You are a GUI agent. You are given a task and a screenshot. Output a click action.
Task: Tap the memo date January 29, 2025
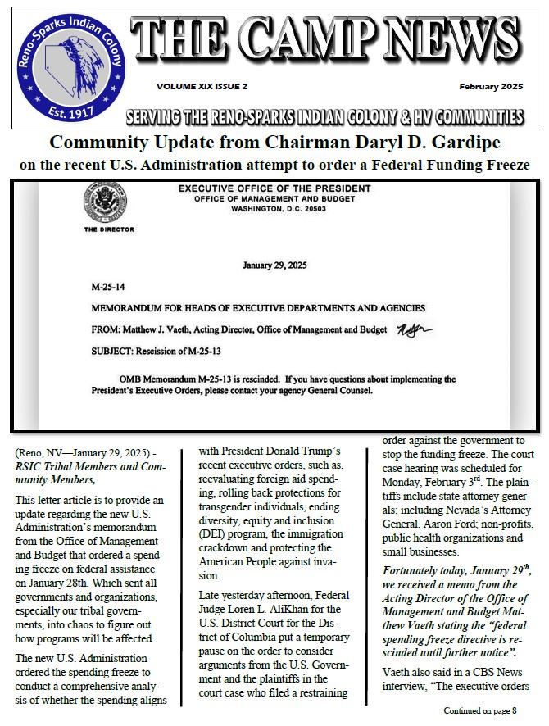pyautogui.click(x=274, y=265)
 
